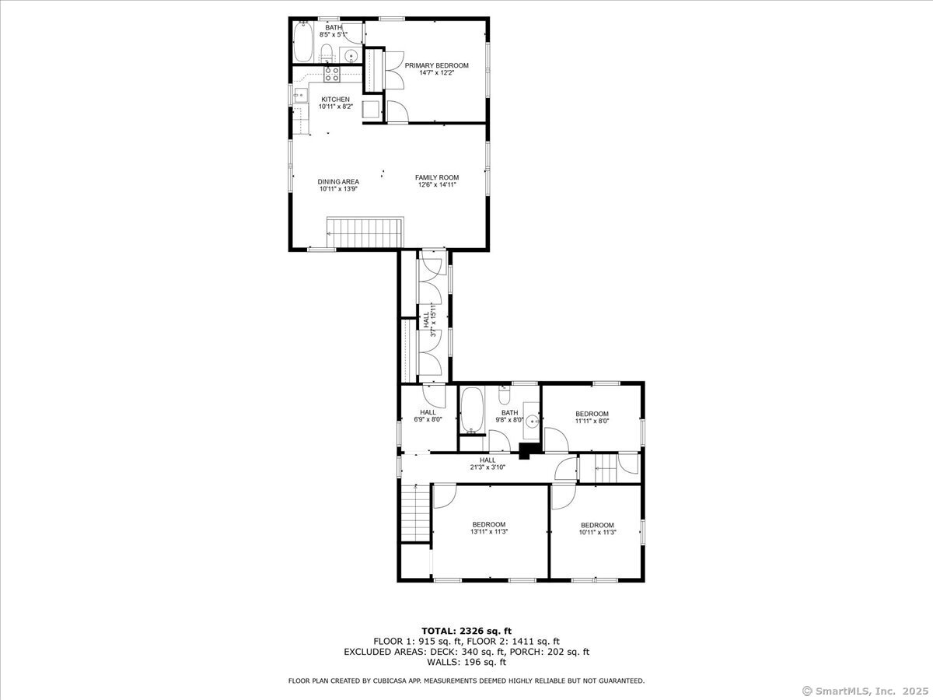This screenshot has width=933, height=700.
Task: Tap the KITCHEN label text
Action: pos(336,100)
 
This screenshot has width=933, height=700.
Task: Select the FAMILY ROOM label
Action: pos(436,177)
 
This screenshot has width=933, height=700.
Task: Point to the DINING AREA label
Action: pos(338,182)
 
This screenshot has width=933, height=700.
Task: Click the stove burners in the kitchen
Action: pos(332,75)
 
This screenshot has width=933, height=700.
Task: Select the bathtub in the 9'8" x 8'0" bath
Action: pos(472,412)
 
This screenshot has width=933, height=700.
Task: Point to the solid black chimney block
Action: pos(529,450)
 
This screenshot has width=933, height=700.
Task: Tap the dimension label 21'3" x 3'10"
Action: pos(487,467)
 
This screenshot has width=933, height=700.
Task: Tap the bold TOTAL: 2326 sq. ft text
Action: pos(466,631)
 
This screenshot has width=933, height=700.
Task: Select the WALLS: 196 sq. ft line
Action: pos(466,663)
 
